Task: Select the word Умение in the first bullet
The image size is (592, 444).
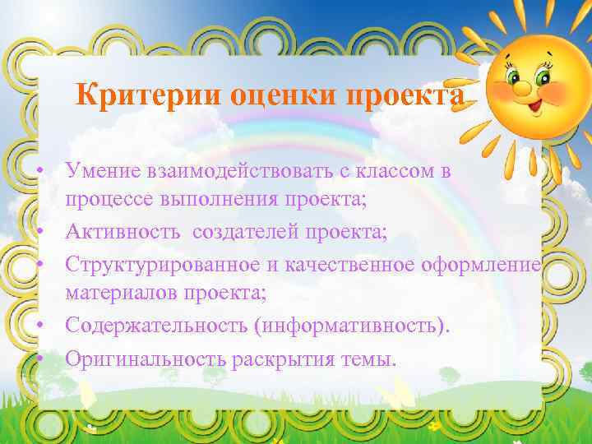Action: coord(104,172)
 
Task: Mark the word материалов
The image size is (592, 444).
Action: coord(121,292)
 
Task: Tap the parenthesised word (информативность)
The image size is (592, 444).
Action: coord(353,326)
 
